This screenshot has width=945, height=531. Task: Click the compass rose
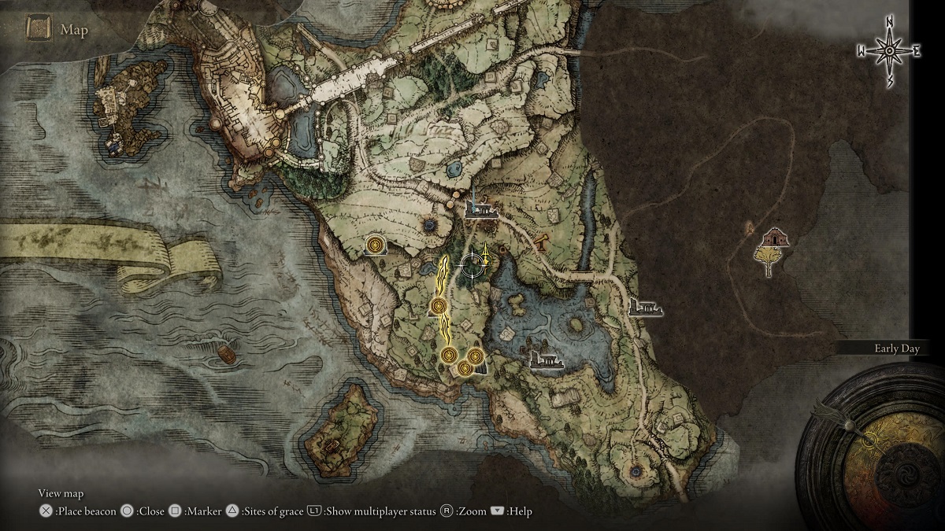coord(889,50)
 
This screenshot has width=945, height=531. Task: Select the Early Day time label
coord(897,348)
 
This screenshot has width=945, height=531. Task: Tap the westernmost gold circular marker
coord(376,246)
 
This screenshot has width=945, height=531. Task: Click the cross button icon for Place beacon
coord(46,511)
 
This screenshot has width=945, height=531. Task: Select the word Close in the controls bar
coord(150,511)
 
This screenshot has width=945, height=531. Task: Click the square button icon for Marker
coord(176,511)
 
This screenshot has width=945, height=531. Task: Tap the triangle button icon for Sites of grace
coord(232,511)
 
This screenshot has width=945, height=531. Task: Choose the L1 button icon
coord(314,511)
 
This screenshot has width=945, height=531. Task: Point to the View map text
coord(61,493)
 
